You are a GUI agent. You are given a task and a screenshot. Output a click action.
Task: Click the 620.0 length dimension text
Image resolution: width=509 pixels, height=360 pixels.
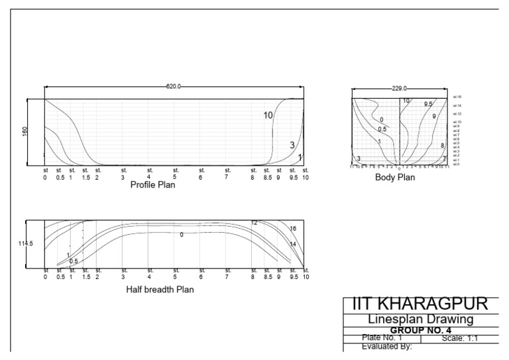[173, 87]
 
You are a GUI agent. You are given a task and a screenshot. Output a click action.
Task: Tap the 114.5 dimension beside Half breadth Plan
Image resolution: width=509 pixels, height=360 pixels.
[25, 244]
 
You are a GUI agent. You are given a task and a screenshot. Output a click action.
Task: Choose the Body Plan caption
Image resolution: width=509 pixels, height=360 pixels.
[395, 178]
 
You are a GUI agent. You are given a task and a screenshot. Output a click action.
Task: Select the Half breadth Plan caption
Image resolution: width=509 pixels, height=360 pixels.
[160, 290]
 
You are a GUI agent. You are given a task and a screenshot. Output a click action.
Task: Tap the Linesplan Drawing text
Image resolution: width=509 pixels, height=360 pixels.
[420, 320]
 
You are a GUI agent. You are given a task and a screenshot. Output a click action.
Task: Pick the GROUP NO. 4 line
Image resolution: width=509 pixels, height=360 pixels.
[420, 330]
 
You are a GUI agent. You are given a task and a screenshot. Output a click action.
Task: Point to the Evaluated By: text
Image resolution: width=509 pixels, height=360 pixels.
[387, 345]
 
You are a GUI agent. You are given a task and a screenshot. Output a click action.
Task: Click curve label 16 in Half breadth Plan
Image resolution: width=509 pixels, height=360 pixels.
[293, 229]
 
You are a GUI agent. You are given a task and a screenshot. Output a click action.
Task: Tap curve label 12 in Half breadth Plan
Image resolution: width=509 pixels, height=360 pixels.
[254, 223]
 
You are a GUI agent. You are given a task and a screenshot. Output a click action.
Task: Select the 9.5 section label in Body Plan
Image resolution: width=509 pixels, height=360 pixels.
[428, 104]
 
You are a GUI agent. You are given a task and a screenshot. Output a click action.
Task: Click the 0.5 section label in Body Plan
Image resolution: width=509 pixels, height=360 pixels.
[382, 129]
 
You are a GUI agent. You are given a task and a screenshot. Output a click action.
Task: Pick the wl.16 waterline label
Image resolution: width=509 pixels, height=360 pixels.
[457, 97]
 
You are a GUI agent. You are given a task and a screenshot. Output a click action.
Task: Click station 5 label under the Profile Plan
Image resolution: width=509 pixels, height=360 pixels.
[175, 174]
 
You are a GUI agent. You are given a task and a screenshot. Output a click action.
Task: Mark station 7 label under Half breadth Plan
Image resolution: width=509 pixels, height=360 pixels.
[227, 274]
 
